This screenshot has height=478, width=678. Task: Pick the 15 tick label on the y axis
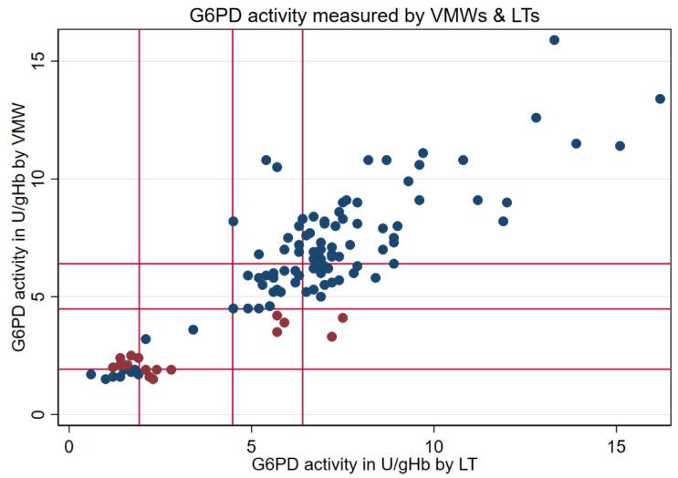(x=38, y=61)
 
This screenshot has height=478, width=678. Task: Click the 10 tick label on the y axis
(x=38, y=179)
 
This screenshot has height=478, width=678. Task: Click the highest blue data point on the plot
(x=554, y=40)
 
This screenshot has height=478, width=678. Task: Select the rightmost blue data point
(x=660, y=99)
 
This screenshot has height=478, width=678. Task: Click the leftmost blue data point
(x=91, y=374)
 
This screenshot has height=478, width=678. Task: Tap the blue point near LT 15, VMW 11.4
(x=620, y=146)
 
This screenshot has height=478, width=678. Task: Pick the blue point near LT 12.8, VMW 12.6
(x=536, y=118)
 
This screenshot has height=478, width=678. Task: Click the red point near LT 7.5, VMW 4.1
(x=343, y=317)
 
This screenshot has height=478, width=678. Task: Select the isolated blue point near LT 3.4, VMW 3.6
(x=193, y=329)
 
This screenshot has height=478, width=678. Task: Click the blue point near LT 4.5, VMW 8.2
(x=234, y=221)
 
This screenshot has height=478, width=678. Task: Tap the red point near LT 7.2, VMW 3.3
(x=332, y=337)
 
